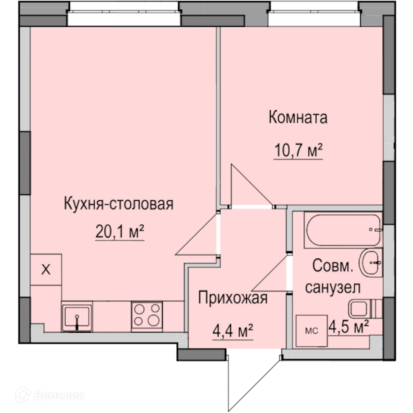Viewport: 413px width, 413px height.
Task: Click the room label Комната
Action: point(298,117)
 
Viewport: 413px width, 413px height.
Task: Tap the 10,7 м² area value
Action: point(298,150)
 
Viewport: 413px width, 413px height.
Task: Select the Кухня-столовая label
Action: point(119,204)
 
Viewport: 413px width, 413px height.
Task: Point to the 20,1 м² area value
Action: point(120,231)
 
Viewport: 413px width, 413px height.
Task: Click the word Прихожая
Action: point(233,298)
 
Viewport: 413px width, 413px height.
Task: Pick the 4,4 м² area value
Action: point(233,331)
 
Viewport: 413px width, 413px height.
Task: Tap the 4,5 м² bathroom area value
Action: point(349,327)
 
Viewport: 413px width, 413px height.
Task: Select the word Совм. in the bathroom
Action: point(332,266)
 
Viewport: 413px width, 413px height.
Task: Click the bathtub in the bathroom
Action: point(344,230)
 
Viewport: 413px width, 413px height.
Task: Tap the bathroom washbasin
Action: point(371,263)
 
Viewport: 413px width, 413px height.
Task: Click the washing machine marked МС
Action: point(311,331)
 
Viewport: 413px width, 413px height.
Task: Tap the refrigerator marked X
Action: point(46,269)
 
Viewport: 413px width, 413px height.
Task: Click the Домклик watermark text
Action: point(59,395)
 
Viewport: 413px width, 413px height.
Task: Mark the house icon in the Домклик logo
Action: point(23,394)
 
